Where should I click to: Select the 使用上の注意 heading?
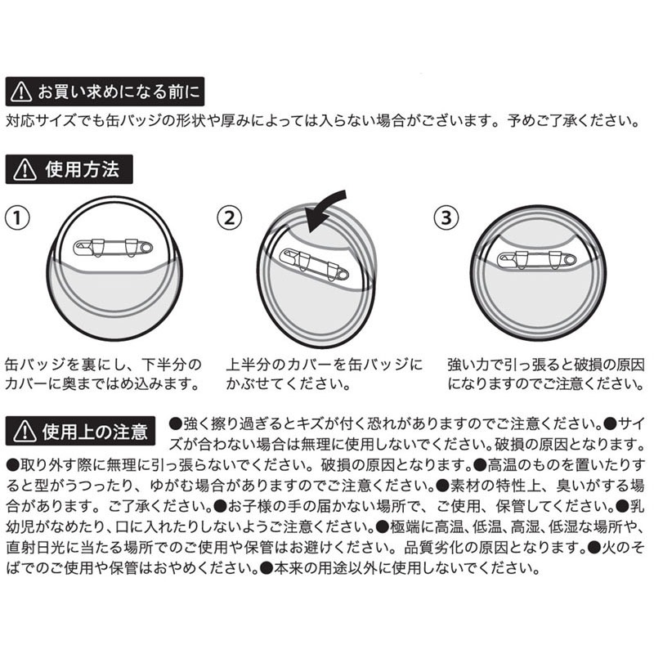click(x=96, y=432)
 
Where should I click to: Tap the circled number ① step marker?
click(x=18, y=218)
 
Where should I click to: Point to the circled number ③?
click(x=445, y=218)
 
